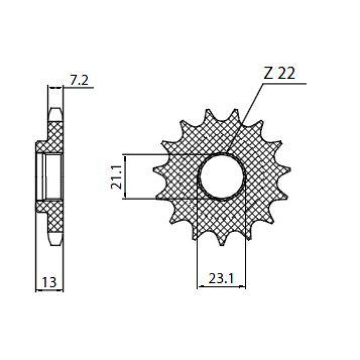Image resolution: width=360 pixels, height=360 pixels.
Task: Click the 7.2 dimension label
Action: pyautogui.click(x=79, y=80)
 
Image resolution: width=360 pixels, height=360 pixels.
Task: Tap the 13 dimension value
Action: pyautogui.click(x=49, y=282)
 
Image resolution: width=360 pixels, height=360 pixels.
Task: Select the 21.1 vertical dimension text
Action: pyautogui.click(x=116, y=176)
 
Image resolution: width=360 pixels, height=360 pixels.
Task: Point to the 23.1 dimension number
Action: pyautogui.click(x=221, y=279)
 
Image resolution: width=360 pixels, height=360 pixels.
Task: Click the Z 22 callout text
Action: pyautogui.click(x=279, y=74)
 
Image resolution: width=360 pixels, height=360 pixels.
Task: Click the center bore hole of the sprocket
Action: pyautogui.click(x=222, y=176)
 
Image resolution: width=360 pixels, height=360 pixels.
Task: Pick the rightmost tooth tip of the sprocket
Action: pyautogui.click(x=290, y=169)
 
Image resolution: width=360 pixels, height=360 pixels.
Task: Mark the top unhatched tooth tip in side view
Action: pyautogui.click(x=55, y=114)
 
